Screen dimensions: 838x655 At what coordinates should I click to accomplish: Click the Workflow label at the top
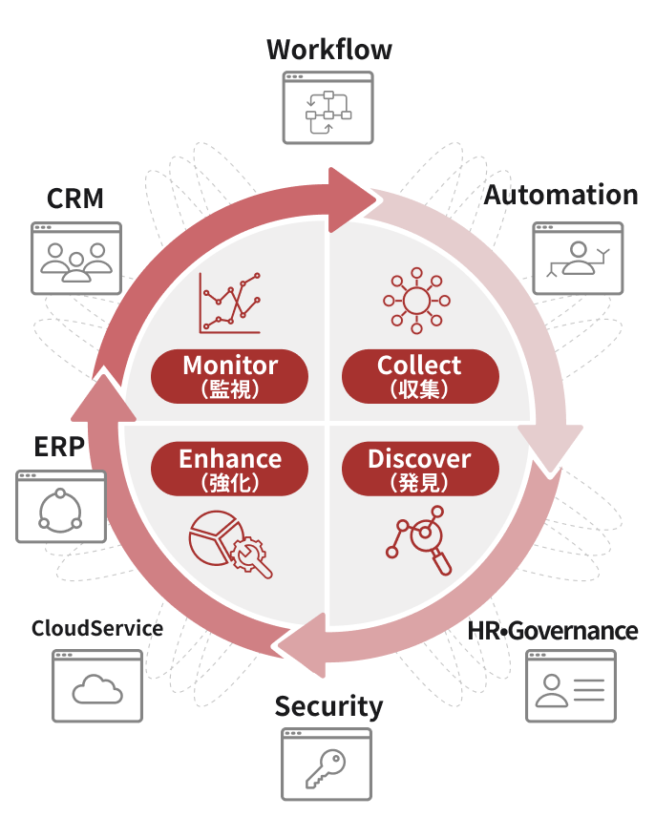[328, 50]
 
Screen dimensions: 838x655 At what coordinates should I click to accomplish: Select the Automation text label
[560, 195]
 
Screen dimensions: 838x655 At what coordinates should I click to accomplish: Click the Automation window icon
[577, 258]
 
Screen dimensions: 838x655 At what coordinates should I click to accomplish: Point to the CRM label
[75, 199]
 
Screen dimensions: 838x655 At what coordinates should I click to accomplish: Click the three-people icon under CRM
[76, 258]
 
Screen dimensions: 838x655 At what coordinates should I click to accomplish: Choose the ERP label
[59, 447]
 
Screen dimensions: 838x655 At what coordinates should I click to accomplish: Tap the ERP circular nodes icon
[60, 507]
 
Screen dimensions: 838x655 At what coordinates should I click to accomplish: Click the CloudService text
[97, 628]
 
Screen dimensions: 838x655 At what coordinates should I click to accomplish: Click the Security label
[328, 706]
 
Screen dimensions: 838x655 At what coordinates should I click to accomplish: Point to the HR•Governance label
[553, 630]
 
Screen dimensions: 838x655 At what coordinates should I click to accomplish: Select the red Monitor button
[230, 375]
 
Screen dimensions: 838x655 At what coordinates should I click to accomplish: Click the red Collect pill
[419, 375]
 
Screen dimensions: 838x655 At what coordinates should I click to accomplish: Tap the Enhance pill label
[230, 469]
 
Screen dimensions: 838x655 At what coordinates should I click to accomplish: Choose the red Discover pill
[419, 469]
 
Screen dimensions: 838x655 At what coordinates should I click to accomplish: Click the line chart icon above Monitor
[230, 304]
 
